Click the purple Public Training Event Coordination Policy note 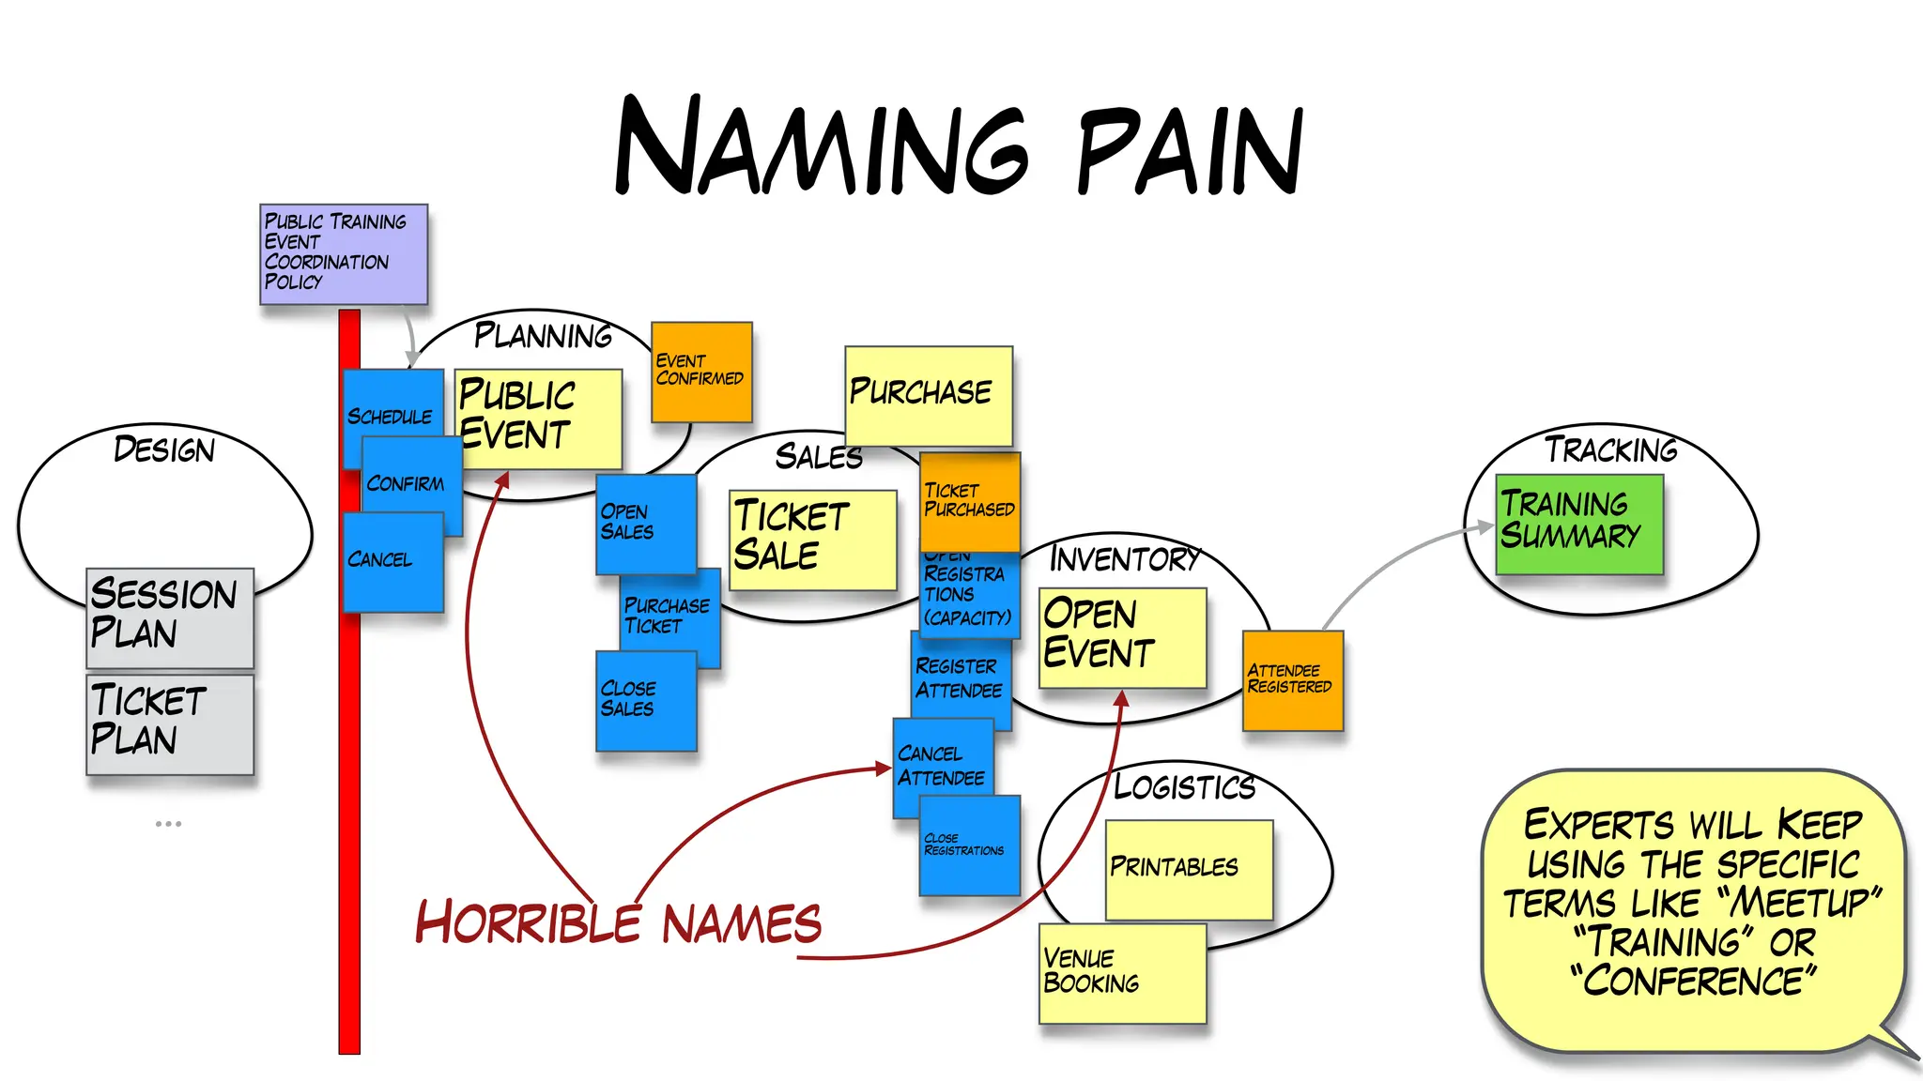(x=344, y=253)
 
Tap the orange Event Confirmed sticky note (x=701, y=372)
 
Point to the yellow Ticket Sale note (x=812, y=539)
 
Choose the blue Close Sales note (x=646, y=701)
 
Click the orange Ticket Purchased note (x=970, y=501)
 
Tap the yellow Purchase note (x=928, y=394)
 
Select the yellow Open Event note (x=1122, y=636)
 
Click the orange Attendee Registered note (x=1293, y=680)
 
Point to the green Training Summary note (x=1578, y=523)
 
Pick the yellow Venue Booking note (x=1122, y=973)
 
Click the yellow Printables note (x=1189, y=869)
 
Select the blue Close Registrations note (x=970, y=845)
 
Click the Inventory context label (x=1124, y=559)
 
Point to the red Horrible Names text (x=619, y=922)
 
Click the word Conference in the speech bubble (x=1694, y=982)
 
